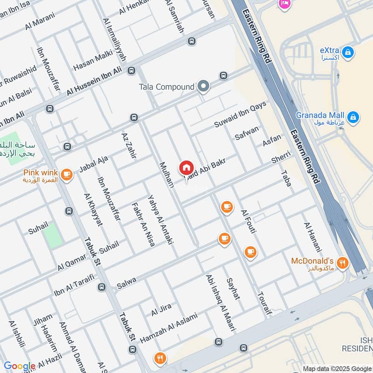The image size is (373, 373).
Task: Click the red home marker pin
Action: (186, 167)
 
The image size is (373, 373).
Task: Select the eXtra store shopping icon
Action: (347, 53)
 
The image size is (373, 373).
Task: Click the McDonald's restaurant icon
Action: (343, 262)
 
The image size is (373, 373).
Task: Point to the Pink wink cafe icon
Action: (67, 174)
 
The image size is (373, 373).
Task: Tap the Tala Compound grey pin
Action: (203, 86)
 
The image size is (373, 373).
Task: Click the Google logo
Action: (19, 366)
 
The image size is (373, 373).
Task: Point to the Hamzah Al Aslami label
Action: (168, 327)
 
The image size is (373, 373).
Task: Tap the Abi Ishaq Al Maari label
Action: (218, 303)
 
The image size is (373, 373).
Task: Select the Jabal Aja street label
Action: (93, 165)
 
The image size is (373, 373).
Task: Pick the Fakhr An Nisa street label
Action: (143, 225)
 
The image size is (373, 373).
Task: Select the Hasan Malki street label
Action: (93, 61)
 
